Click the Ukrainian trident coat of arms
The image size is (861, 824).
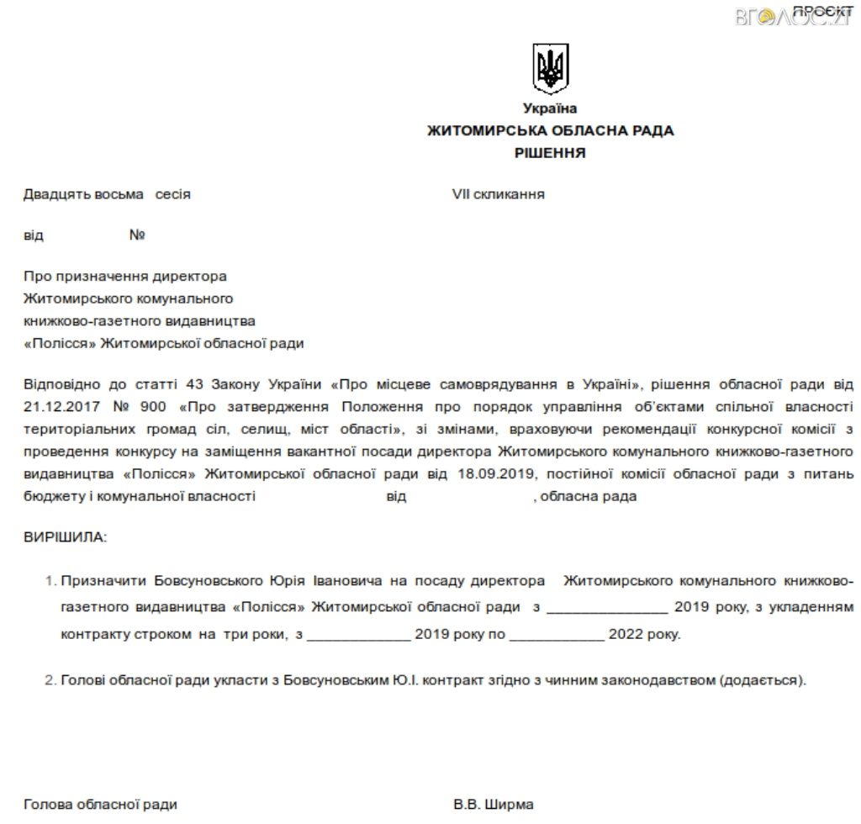(551, 68)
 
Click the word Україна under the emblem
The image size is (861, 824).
(550, 108)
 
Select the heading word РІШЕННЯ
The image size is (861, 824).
(550, 153)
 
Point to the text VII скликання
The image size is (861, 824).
(498, 194)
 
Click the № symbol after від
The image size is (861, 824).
(137, 235)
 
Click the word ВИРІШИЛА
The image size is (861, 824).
(66, 536)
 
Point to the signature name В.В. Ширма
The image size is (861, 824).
(493, 805)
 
